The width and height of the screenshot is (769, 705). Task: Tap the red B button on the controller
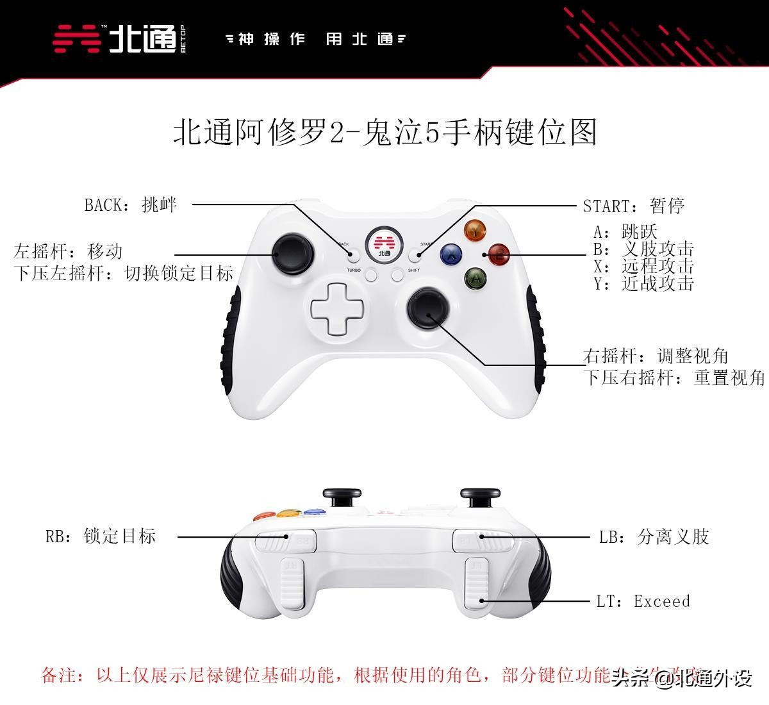tap(499, 255)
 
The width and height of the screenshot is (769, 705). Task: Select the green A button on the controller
tap(475, 278)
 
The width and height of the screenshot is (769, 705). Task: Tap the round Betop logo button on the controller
tap(384, 244)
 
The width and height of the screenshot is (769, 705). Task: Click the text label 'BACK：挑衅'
tap(130, 205)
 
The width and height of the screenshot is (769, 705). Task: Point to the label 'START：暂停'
tap(634, 206)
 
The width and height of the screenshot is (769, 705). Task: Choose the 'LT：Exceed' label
tap(643, 601)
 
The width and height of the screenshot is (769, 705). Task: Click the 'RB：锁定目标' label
tap(101, 536)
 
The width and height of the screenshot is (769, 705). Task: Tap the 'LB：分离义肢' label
tap(654, 536)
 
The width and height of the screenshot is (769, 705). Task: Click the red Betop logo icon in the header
tap(77, 39)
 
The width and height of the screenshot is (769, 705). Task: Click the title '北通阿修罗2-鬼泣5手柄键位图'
tap(385, 132)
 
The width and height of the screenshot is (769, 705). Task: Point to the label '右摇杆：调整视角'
tap(656, 356)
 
